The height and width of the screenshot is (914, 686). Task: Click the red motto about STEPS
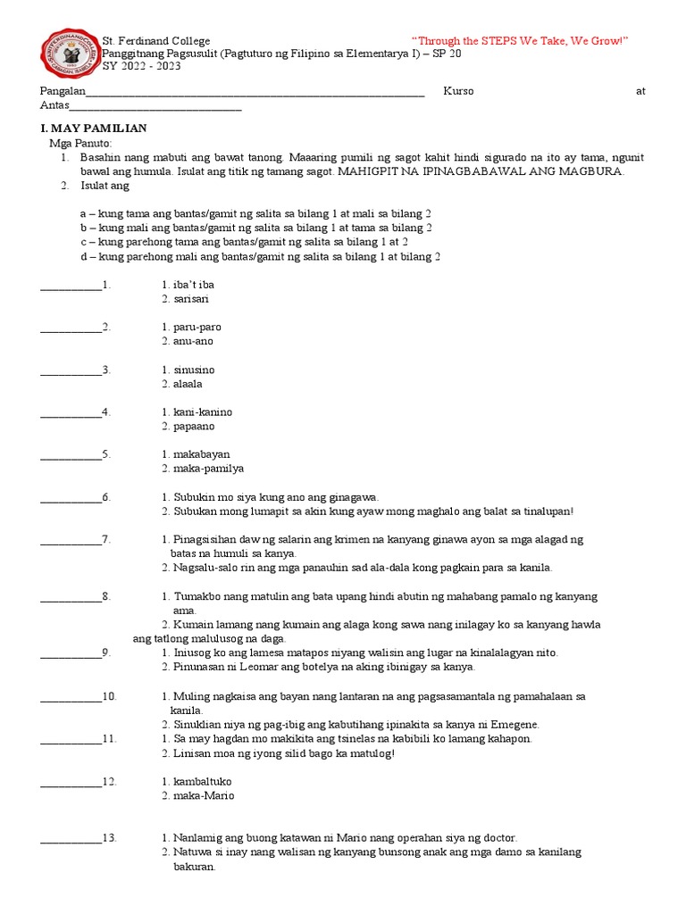tap(520, 41)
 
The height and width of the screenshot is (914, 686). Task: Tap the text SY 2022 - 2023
tap(140, 66)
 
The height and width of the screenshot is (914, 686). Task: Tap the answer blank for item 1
tap(71, 286)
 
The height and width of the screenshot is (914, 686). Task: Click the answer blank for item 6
tap(71, 497)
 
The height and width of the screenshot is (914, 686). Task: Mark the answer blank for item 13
tap(71, 838)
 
